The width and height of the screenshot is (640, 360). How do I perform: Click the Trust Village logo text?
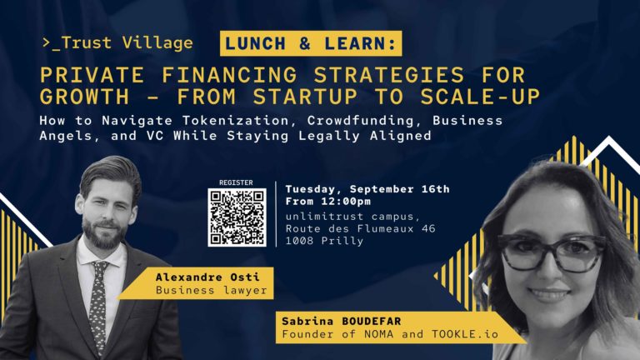117,42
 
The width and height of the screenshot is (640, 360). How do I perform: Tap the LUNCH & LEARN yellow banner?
311,43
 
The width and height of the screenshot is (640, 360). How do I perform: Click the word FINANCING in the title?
229,75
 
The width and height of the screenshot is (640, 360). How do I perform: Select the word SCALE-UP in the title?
480,97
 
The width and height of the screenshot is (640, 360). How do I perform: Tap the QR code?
237,217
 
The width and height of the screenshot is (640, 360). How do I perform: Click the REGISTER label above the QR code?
236,182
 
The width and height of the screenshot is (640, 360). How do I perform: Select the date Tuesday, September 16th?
367,189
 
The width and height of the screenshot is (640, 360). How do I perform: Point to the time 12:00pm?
346,202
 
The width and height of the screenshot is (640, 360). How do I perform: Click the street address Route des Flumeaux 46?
360,228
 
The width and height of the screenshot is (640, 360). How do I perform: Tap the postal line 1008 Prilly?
324,241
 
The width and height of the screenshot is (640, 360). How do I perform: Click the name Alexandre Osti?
207,277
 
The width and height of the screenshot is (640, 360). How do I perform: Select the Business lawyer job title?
211,290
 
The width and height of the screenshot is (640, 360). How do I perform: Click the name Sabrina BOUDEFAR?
341,321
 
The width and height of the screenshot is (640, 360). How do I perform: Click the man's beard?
105,232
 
